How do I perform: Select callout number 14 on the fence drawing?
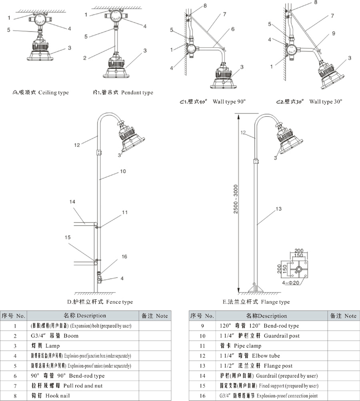pos(73,203)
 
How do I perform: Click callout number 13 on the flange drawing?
pos(278,209)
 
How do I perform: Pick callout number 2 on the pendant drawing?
pos(84,58)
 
